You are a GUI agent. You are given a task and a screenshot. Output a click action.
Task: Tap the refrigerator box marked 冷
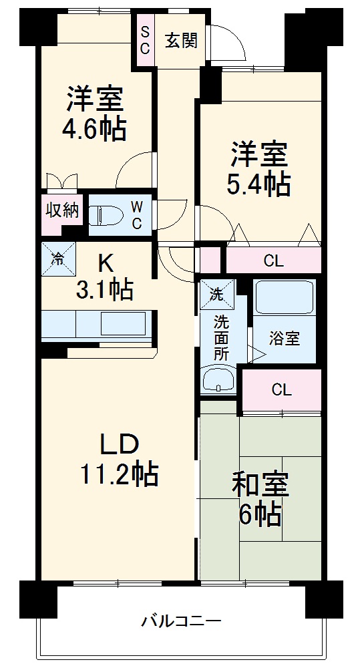(x=58, y=259)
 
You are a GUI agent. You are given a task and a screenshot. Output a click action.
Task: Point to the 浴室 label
(x=284, y=338)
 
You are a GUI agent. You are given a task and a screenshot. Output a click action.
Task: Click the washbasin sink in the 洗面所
(x=218, y=382)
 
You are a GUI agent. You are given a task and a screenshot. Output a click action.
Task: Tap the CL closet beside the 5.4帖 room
(x=273, y=261)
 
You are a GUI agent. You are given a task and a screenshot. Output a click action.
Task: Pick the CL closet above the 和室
(x=281, y=389)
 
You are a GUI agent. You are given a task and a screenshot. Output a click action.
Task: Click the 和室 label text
(x=260, y=485)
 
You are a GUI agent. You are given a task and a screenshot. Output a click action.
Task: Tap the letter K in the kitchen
(x=106, y=263)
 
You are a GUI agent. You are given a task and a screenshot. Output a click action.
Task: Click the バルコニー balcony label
(x=180, y=622)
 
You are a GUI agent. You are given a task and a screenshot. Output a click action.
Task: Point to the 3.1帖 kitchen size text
(x=106, y=289)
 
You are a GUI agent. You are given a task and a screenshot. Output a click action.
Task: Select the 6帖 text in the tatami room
(x=261, y=514)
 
